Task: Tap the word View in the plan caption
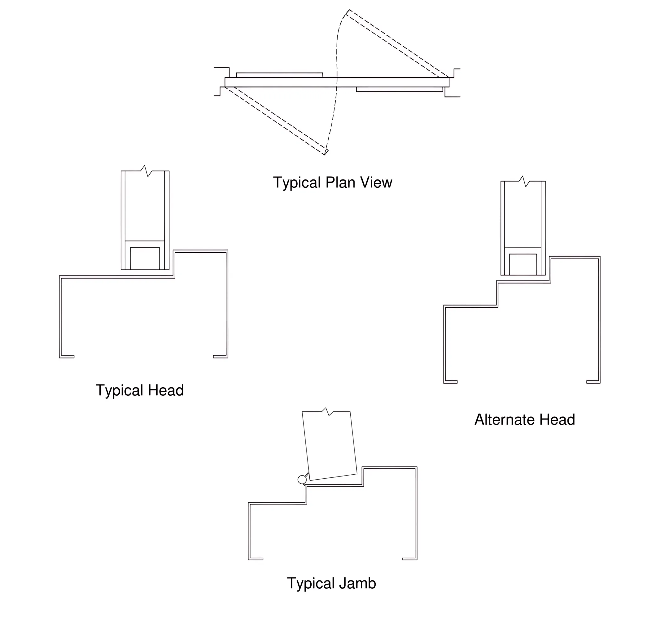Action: click(376, 182)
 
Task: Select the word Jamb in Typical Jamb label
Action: click(357, 583)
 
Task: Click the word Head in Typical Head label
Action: click(166, 390)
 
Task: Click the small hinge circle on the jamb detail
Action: click(302, 480)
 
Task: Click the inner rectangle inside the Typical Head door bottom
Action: click(145, 258)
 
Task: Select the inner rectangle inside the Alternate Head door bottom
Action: click(523, 264)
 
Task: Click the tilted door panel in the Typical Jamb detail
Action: click(330, 446)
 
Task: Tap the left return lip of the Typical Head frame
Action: click(67, 356)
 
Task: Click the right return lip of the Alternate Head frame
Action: click(593, 382)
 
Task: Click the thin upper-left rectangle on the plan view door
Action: click(279, 75)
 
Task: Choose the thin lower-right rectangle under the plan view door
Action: click(400, 89)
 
